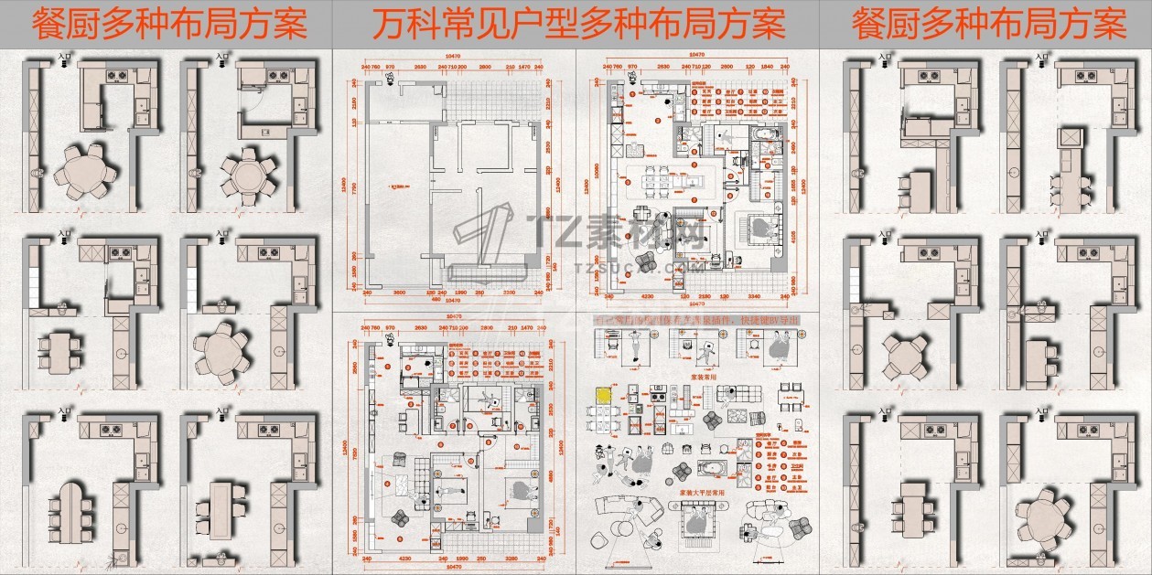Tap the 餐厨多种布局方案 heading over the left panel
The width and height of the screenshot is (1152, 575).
coord(169,24)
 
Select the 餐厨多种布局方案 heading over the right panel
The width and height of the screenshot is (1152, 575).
coord(989,24)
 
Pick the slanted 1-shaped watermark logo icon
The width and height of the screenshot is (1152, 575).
coord(485,242)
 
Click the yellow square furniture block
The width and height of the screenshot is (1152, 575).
coord(603,396)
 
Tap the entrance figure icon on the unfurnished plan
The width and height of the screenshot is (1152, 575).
coord(390,80)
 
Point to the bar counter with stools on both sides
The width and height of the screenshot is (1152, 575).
coord(1073,178)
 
